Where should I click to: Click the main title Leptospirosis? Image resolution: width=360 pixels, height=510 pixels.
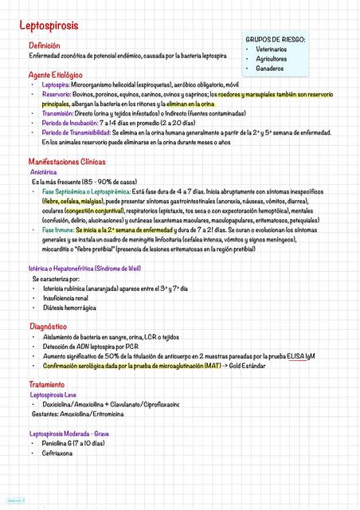coord(49,26)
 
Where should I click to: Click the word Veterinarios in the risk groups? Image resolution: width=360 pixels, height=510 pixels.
coord(273,49)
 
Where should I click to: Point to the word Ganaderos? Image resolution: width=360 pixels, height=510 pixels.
coord(270,69)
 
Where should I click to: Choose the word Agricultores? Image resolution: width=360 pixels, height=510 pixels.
coord(272,59)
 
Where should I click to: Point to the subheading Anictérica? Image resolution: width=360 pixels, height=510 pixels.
coord(43,172)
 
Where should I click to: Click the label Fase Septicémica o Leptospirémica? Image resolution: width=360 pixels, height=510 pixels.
coord(87,192)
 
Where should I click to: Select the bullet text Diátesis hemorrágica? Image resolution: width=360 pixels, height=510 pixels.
coord(69,307)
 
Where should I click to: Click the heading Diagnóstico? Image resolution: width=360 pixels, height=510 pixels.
coord(48,327)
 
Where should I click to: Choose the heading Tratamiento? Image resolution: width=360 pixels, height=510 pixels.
coord(47,385)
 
